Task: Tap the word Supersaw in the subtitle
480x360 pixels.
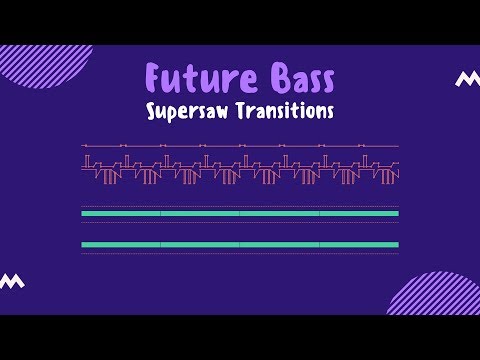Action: [x=190, y=111]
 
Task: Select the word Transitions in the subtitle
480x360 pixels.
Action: [x=284, y=110]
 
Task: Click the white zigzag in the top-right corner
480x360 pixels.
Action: [x=466, y=79]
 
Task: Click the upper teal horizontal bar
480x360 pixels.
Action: [x=240, y=213]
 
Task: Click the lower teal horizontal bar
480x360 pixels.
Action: [x=240, y=245]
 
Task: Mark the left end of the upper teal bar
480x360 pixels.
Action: [x=83, y=213]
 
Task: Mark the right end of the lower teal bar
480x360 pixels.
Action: [x=397, y=245]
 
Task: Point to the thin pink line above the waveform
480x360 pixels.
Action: [x=240, y=146]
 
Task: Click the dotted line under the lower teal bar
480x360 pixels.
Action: [x=240, y=254]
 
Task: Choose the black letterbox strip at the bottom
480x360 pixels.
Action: [x=240, y=337]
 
